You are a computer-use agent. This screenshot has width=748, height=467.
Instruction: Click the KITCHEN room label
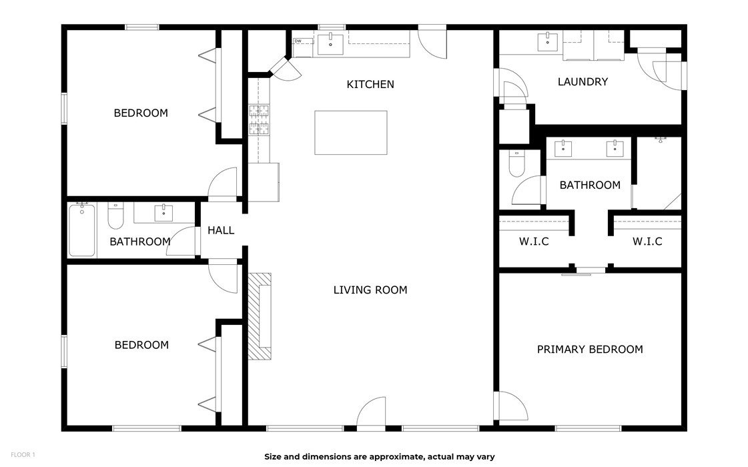370,85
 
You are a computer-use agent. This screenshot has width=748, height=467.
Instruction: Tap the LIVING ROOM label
370,290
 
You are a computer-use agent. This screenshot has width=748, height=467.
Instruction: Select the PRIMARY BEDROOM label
590,350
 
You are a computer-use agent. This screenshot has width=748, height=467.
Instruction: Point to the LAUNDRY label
583,82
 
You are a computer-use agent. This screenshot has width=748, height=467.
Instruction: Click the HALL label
221,230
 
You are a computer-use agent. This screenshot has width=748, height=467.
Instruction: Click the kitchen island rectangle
350,133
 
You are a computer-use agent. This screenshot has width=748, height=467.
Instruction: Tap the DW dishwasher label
298,41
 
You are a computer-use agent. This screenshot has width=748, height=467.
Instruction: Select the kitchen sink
330,44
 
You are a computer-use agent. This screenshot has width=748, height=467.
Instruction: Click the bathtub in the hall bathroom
82,230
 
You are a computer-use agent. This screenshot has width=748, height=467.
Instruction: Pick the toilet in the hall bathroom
115,215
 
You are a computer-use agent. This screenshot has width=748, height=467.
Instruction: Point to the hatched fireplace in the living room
260,316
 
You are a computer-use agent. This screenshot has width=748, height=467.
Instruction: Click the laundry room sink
548,41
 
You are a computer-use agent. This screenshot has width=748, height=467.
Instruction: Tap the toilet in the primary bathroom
516,163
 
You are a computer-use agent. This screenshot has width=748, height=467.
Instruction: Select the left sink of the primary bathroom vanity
563,148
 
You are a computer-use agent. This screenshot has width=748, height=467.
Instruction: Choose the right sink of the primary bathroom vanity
615,148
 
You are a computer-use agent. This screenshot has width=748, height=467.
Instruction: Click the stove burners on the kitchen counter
259,119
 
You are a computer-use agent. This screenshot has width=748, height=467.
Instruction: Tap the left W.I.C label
534,242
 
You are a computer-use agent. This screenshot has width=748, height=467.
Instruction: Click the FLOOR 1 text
23,455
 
